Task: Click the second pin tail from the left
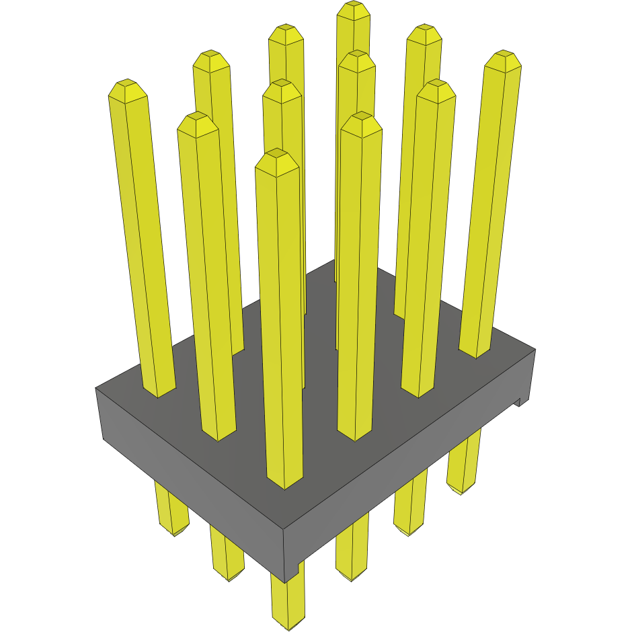[228, 571]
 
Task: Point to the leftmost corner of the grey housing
[96, 389]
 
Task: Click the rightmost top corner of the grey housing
[535, 350]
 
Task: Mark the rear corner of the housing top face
[335, 261]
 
